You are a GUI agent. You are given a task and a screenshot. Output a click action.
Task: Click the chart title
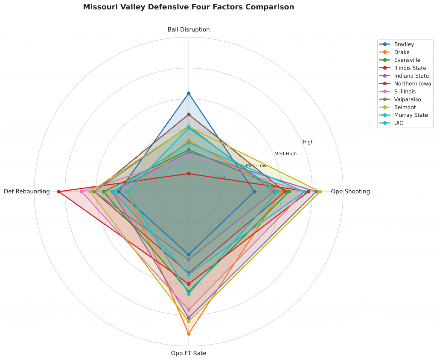tap(188, 7)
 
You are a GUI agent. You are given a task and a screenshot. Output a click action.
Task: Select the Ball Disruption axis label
tap(189, 29)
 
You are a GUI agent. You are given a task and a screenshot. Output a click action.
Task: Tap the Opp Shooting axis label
tap(350, 192)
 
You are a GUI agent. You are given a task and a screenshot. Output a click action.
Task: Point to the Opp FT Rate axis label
tap(189, 353)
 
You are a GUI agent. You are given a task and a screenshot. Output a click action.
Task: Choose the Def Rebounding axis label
tap(27, 192)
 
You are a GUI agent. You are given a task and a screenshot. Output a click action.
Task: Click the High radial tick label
tap(308, 142)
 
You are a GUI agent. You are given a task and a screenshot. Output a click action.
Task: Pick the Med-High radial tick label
tap(286, 154)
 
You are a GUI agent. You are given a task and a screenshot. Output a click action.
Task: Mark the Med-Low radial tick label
tap(256, 165)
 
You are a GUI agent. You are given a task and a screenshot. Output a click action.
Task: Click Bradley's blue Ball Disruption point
tap(189, 93)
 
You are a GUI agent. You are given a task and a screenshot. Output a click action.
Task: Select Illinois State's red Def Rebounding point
tap(59, 192)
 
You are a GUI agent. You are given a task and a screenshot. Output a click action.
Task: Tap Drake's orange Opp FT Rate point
tap(189, 334)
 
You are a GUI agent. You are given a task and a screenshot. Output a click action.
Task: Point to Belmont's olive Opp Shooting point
tap(320, 192)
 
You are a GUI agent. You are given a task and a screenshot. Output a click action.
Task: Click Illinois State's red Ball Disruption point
tap(189, 174)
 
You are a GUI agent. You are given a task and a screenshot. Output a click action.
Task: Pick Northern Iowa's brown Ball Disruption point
tap(189, 114)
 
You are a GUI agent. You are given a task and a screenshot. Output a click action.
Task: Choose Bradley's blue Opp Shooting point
tap(254, 192)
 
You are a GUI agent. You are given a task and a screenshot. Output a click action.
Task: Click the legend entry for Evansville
tap(407, 60)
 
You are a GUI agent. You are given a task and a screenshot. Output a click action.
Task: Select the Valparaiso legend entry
tap(408, 99)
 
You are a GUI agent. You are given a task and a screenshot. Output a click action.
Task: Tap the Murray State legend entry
tap(411, 115)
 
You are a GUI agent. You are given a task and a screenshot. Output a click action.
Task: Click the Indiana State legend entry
tap(411, 76)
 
